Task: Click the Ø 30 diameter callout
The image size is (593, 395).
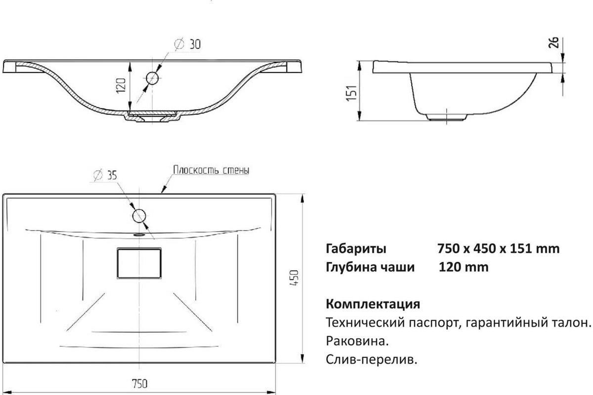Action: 188,44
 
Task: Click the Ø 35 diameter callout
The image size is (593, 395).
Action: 105,175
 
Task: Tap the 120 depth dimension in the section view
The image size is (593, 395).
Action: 121,85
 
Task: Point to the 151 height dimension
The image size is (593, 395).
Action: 352,93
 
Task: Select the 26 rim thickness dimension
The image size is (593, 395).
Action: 553,42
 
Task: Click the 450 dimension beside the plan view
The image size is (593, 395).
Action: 294,277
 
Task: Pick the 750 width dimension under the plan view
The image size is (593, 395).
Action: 139,384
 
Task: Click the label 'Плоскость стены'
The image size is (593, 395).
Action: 211,170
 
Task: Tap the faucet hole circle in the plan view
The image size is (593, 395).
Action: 139,216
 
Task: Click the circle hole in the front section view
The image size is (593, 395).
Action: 152,78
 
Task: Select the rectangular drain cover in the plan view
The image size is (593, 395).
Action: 139,263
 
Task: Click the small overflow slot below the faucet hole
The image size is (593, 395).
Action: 139,235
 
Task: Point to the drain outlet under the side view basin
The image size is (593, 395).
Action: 446,118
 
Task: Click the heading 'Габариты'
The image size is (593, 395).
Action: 356,249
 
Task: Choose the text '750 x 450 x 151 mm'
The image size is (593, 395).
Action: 499,248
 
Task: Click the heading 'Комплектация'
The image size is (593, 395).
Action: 373,304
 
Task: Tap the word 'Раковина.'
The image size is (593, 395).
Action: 357,341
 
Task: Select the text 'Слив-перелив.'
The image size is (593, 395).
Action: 372,359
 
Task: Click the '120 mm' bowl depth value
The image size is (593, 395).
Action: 464,267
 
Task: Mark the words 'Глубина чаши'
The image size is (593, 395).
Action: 370,267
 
